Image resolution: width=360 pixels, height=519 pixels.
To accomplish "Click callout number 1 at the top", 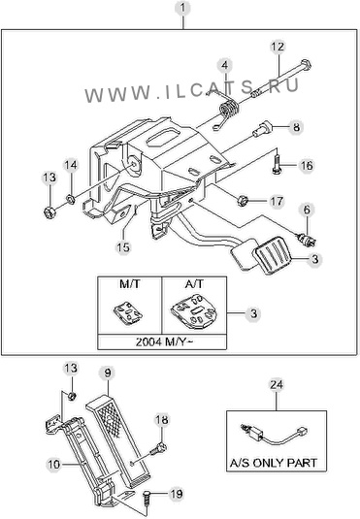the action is (x=182, y=9).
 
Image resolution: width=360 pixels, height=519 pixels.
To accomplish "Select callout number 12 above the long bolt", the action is (x=278, y=47).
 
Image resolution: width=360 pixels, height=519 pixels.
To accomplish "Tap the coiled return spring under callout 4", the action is (x=229, y=110).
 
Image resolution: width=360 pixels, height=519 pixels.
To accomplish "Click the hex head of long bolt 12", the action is (x=306, y=65).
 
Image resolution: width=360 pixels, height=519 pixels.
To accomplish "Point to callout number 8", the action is (x=296, y=127).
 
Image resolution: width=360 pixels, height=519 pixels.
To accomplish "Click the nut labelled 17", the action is (x=243, y=200).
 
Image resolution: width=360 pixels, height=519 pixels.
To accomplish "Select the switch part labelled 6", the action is (x=307, y=240).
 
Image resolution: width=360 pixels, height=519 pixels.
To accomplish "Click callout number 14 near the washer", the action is (x=70, y=165).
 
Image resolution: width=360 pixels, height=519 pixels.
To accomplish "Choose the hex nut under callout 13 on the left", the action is (x=49, y=212).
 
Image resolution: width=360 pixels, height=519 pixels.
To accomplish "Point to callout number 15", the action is (x=123, y=247).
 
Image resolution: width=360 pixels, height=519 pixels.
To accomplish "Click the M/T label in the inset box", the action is (x=129, y=284).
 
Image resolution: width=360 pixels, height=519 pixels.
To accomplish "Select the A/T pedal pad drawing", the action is (x=195, y=311).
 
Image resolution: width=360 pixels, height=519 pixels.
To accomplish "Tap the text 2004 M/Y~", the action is (x=163, y=341).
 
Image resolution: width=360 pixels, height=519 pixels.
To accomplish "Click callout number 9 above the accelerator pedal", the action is (x=108, y=373).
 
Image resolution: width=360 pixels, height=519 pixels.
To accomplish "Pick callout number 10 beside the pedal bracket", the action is (x=53, y=465).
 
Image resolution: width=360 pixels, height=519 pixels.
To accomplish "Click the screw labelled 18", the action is (x=159, y=449).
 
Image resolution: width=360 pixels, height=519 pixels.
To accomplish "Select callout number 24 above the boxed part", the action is (x=277, y=384).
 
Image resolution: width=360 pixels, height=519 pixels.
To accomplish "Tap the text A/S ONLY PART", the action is (x=274, y=463).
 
